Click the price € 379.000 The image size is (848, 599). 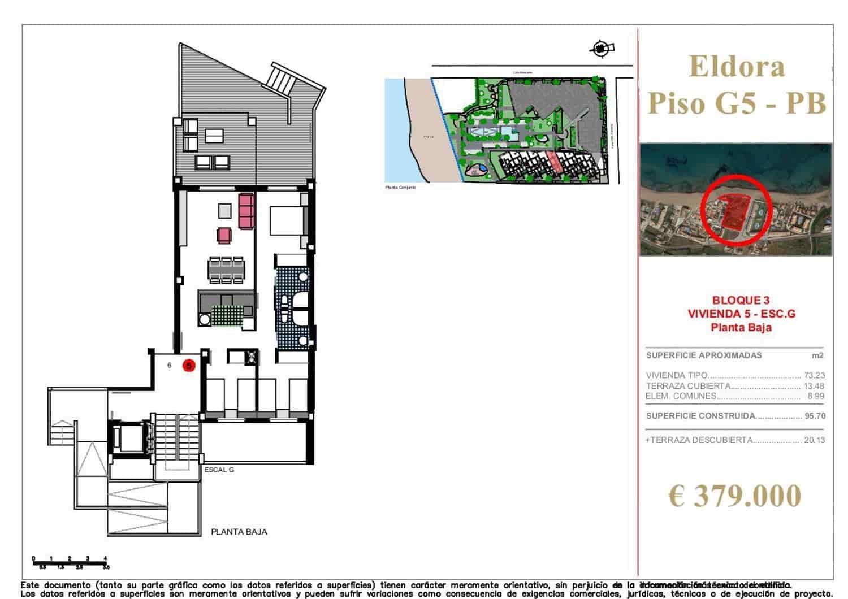(734, 496)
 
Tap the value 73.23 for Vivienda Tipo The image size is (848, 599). (814, 375)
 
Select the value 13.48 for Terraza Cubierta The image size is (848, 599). (814, 386)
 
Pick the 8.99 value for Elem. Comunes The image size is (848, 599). (816, 396)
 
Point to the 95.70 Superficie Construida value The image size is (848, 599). (815, 416)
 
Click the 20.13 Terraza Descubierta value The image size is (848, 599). (814, 440)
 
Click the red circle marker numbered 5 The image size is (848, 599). (189, 366)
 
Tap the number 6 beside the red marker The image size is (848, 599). (170, 366)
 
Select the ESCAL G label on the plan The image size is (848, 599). (219, 470)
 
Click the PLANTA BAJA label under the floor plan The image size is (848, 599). (239, 532)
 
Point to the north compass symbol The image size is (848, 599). (601, 49)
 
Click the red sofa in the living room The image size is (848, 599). (246, 211)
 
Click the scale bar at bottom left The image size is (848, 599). (70, 562)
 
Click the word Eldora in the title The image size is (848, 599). (737, 66)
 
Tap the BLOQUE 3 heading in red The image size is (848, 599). (741, 300)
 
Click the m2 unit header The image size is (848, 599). (817, 355)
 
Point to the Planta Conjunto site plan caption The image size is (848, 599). (400, 187)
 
